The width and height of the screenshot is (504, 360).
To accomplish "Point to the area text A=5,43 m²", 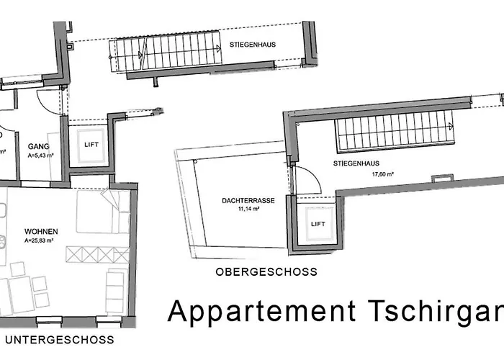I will click(40, 155).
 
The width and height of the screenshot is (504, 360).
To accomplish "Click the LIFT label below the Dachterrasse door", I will click(318, 224).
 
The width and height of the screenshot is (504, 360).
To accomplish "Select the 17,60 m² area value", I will click(385, 174).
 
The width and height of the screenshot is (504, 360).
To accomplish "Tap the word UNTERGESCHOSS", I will click(58, 338).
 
